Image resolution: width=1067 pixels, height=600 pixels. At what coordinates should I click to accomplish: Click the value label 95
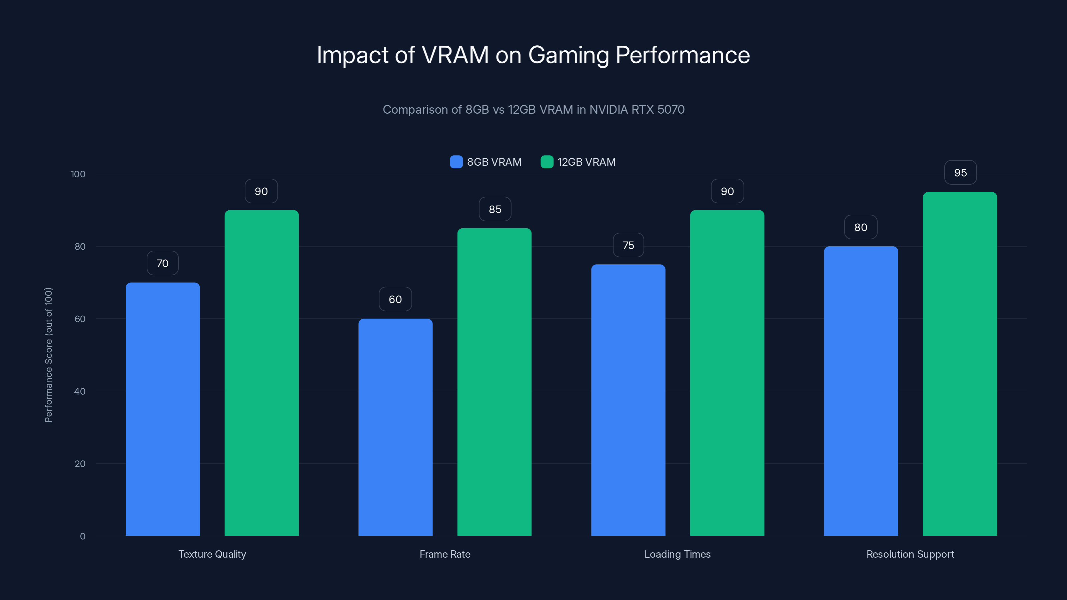[960, 173]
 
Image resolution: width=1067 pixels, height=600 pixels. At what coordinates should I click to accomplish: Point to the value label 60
[395, 299]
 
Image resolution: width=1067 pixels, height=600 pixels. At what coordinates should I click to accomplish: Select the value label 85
[495, 210]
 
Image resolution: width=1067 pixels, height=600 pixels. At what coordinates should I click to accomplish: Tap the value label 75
[628, 246]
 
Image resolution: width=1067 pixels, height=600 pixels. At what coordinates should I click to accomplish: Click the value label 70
[162, 263]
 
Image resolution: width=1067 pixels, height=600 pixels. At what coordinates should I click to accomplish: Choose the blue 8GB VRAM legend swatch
[456, 162]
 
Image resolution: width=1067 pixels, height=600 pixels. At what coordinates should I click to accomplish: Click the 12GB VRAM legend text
[587, 162]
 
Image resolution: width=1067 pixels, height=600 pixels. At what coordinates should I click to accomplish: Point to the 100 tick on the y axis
[78, 174]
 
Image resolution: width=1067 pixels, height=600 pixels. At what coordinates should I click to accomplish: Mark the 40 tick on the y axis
[80, 391]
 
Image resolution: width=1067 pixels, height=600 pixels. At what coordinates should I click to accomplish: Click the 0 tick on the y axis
[82, 536]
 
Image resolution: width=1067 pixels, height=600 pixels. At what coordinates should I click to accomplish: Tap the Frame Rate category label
[445, 554]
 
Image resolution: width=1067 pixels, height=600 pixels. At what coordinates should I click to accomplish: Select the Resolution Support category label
[910, 554]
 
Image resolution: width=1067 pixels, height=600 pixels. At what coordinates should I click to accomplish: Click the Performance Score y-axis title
[48, 355]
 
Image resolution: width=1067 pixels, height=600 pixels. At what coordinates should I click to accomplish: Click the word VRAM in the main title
[455, 55]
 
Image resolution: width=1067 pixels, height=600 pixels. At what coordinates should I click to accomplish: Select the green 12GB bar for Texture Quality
[261, 373]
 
